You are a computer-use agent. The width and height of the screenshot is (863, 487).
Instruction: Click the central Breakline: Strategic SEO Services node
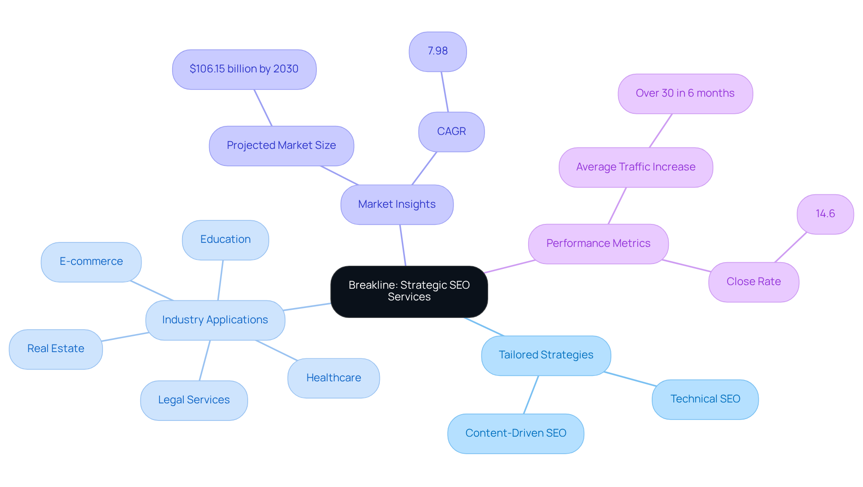[409, 291]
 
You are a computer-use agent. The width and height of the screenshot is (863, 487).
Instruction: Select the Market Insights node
[397, 205]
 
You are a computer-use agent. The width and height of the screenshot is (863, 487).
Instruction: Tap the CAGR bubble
[451, 132]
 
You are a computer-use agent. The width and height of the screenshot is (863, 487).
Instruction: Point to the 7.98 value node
[438, 51]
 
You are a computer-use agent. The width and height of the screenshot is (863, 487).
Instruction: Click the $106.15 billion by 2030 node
[244, 69]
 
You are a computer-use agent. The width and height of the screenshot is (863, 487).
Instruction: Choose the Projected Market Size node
[281, 146]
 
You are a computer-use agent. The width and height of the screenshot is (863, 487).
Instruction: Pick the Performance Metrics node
[598, 244]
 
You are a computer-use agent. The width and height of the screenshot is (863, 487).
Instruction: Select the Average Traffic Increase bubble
[636, 167]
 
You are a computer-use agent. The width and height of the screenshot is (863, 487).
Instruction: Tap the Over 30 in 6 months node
[685, 94]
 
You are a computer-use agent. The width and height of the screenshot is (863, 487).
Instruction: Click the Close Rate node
[754, 282]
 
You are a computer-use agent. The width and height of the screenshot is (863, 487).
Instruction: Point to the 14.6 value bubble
[825, 214]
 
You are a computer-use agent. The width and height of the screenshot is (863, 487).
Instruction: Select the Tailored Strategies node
[546, 355]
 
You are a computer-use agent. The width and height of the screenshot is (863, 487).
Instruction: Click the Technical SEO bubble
[705, 399]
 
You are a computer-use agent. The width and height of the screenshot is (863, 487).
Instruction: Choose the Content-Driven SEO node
[516, 433]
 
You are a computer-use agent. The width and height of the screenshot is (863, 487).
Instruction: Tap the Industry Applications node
[215, 320]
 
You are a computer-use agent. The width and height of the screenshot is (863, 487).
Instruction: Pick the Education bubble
[225, 240]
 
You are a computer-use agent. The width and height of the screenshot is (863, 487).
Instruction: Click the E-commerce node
[91, 262]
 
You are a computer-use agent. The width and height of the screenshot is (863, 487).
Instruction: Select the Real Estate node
[56, 349]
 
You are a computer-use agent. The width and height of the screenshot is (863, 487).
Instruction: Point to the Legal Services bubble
[194, 400]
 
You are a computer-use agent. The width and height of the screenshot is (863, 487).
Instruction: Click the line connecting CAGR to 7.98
[445, 92]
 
